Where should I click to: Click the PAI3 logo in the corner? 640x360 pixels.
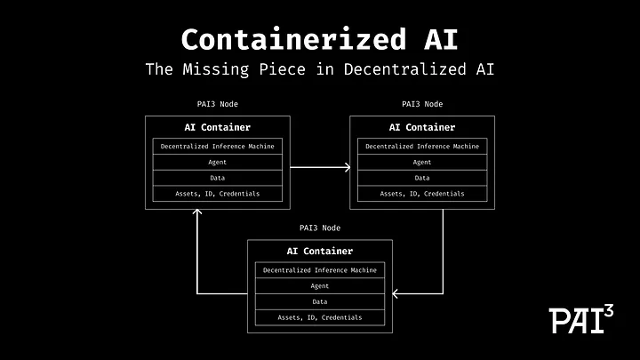point(581,318)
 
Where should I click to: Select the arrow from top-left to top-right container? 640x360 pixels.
point(319,165)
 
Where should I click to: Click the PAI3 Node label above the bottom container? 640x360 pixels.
point(319,228)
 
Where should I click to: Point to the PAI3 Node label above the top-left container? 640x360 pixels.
point(217,105)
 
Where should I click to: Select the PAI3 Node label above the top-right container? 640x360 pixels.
point(421,105)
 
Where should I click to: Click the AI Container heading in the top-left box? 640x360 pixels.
point(218,127)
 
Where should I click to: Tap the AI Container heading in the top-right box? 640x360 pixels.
point(422,127)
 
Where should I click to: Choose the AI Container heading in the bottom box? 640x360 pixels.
point(320,252)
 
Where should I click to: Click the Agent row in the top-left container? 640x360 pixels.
point(218,162)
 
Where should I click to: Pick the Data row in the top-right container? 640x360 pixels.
point(422,178)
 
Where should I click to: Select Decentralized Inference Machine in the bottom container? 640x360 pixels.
point(320,270)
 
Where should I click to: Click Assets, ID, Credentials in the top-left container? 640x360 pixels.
point(218,194)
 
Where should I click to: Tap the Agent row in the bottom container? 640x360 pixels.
point(320,286)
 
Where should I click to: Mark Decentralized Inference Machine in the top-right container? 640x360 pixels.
point(422,146)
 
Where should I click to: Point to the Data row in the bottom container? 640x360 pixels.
point(320,302)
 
